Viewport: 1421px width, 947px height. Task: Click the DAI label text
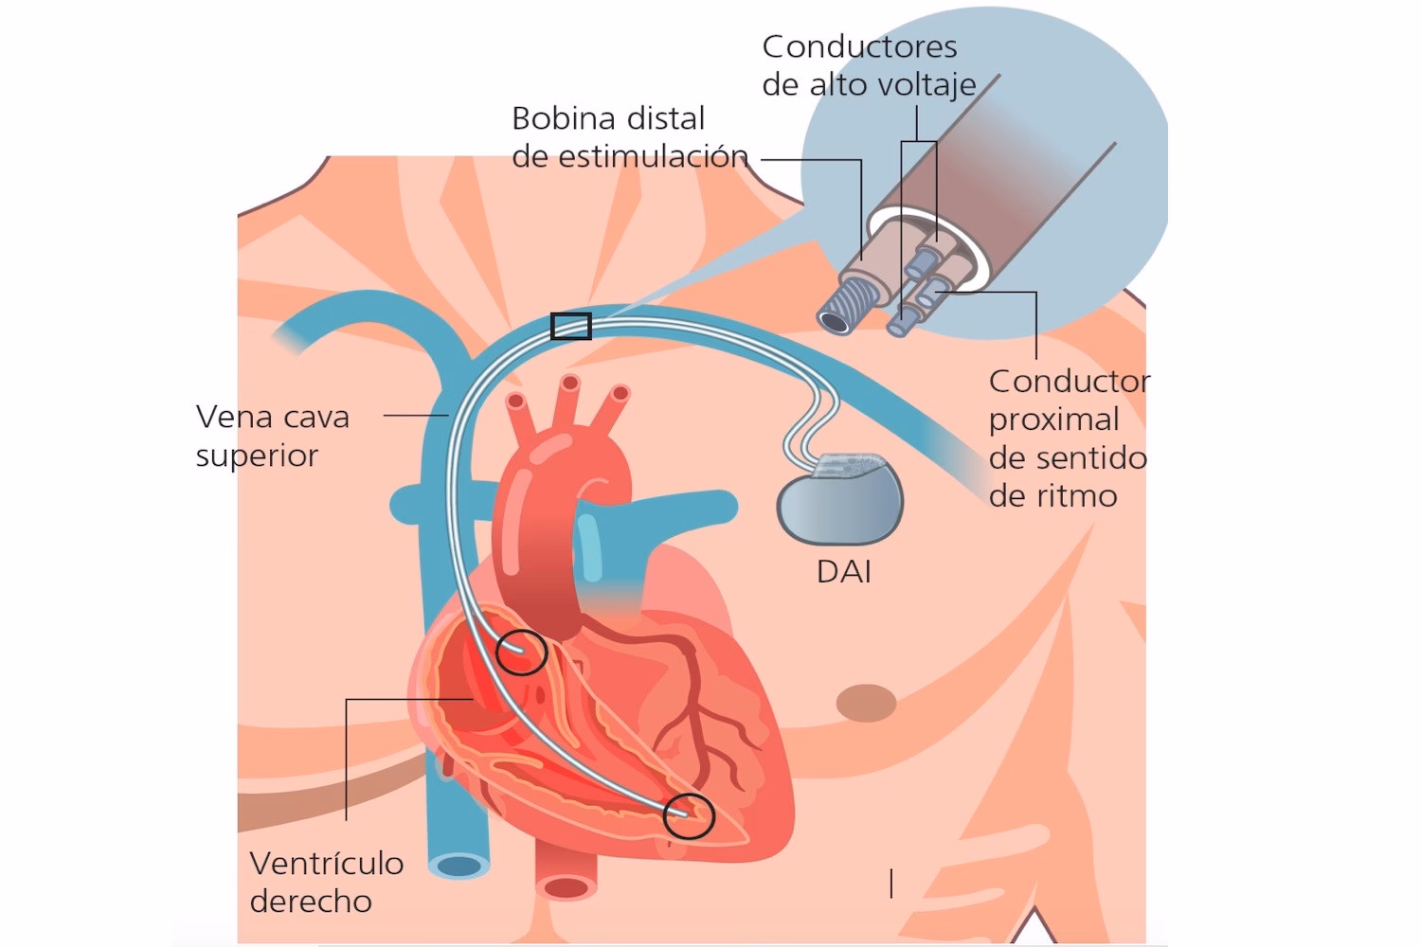(843, 572)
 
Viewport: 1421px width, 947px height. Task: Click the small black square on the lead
(571, 327)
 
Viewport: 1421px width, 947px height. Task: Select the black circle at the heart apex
(689, 816)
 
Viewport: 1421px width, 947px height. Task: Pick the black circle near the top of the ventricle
(522, 652)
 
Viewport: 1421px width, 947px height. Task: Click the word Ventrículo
(327, 864)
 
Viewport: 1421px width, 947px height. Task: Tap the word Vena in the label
(234, 417)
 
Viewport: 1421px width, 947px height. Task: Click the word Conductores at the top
(859, 46)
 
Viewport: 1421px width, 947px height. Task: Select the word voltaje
(923, 85)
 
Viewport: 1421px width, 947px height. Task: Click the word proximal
(1053, 420)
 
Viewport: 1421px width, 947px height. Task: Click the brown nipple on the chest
(867, 703)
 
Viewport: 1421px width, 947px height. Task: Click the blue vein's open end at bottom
(459, 865)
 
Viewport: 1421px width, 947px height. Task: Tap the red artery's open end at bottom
(566, 887)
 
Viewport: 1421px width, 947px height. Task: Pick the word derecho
(311, 902)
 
